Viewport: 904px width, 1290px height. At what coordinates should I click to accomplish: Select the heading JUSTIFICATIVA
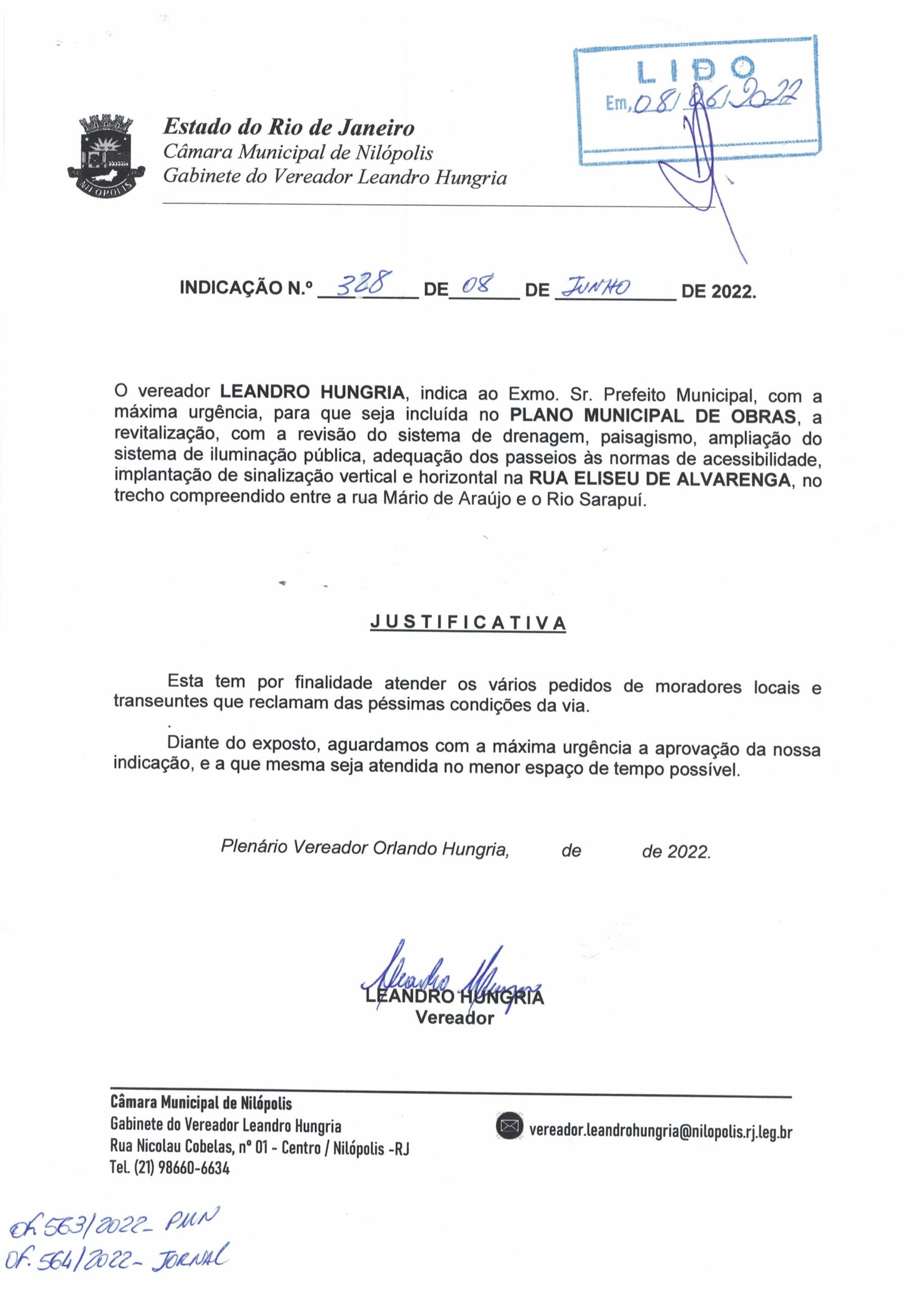(468, 623)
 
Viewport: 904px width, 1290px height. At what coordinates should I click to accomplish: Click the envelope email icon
(509, 1125)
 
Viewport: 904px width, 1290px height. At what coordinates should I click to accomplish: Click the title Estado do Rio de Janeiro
(289, 127)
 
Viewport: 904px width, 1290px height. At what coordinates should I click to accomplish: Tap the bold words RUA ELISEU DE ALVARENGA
(659, 479)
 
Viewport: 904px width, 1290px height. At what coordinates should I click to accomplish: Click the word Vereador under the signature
(455, 1017)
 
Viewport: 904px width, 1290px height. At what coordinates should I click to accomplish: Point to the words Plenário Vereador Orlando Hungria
(365, 848)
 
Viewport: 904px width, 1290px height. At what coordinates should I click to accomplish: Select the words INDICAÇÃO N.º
(245, 288)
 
